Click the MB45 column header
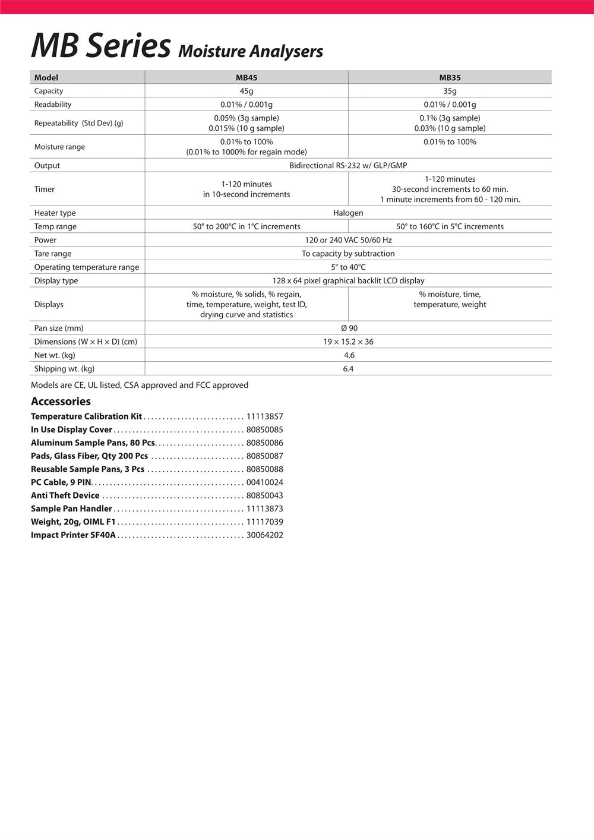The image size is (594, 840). coord(247,78)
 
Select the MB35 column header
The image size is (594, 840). coord(450,78)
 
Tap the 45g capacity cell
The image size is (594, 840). coord(247,91)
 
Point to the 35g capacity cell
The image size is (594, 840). coord(450,91)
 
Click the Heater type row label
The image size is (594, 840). coord(55,213)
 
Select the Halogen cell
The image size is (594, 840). coord(348,213)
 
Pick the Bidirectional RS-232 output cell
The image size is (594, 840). coord(348,166)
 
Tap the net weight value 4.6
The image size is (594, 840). coord(349,355)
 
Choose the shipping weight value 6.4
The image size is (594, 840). coord(348,369)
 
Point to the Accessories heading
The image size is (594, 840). coord(61,402)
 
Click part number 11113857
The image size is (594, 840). coord(264,416)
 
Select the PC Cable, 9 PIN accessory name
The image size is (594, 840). coord(61,482)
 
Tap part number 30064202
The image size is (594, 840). coord(264,535)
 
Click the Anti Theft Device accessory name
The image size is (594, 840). coord(65,495)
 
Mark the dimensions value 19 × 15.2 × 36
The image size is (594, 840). coord(349,342)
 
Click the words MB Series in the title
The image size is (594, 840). coord(101,46)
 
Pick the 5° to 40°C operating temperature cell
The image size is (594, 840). coord(348,267)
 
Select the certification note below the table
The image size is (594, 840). coord(140,385)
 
